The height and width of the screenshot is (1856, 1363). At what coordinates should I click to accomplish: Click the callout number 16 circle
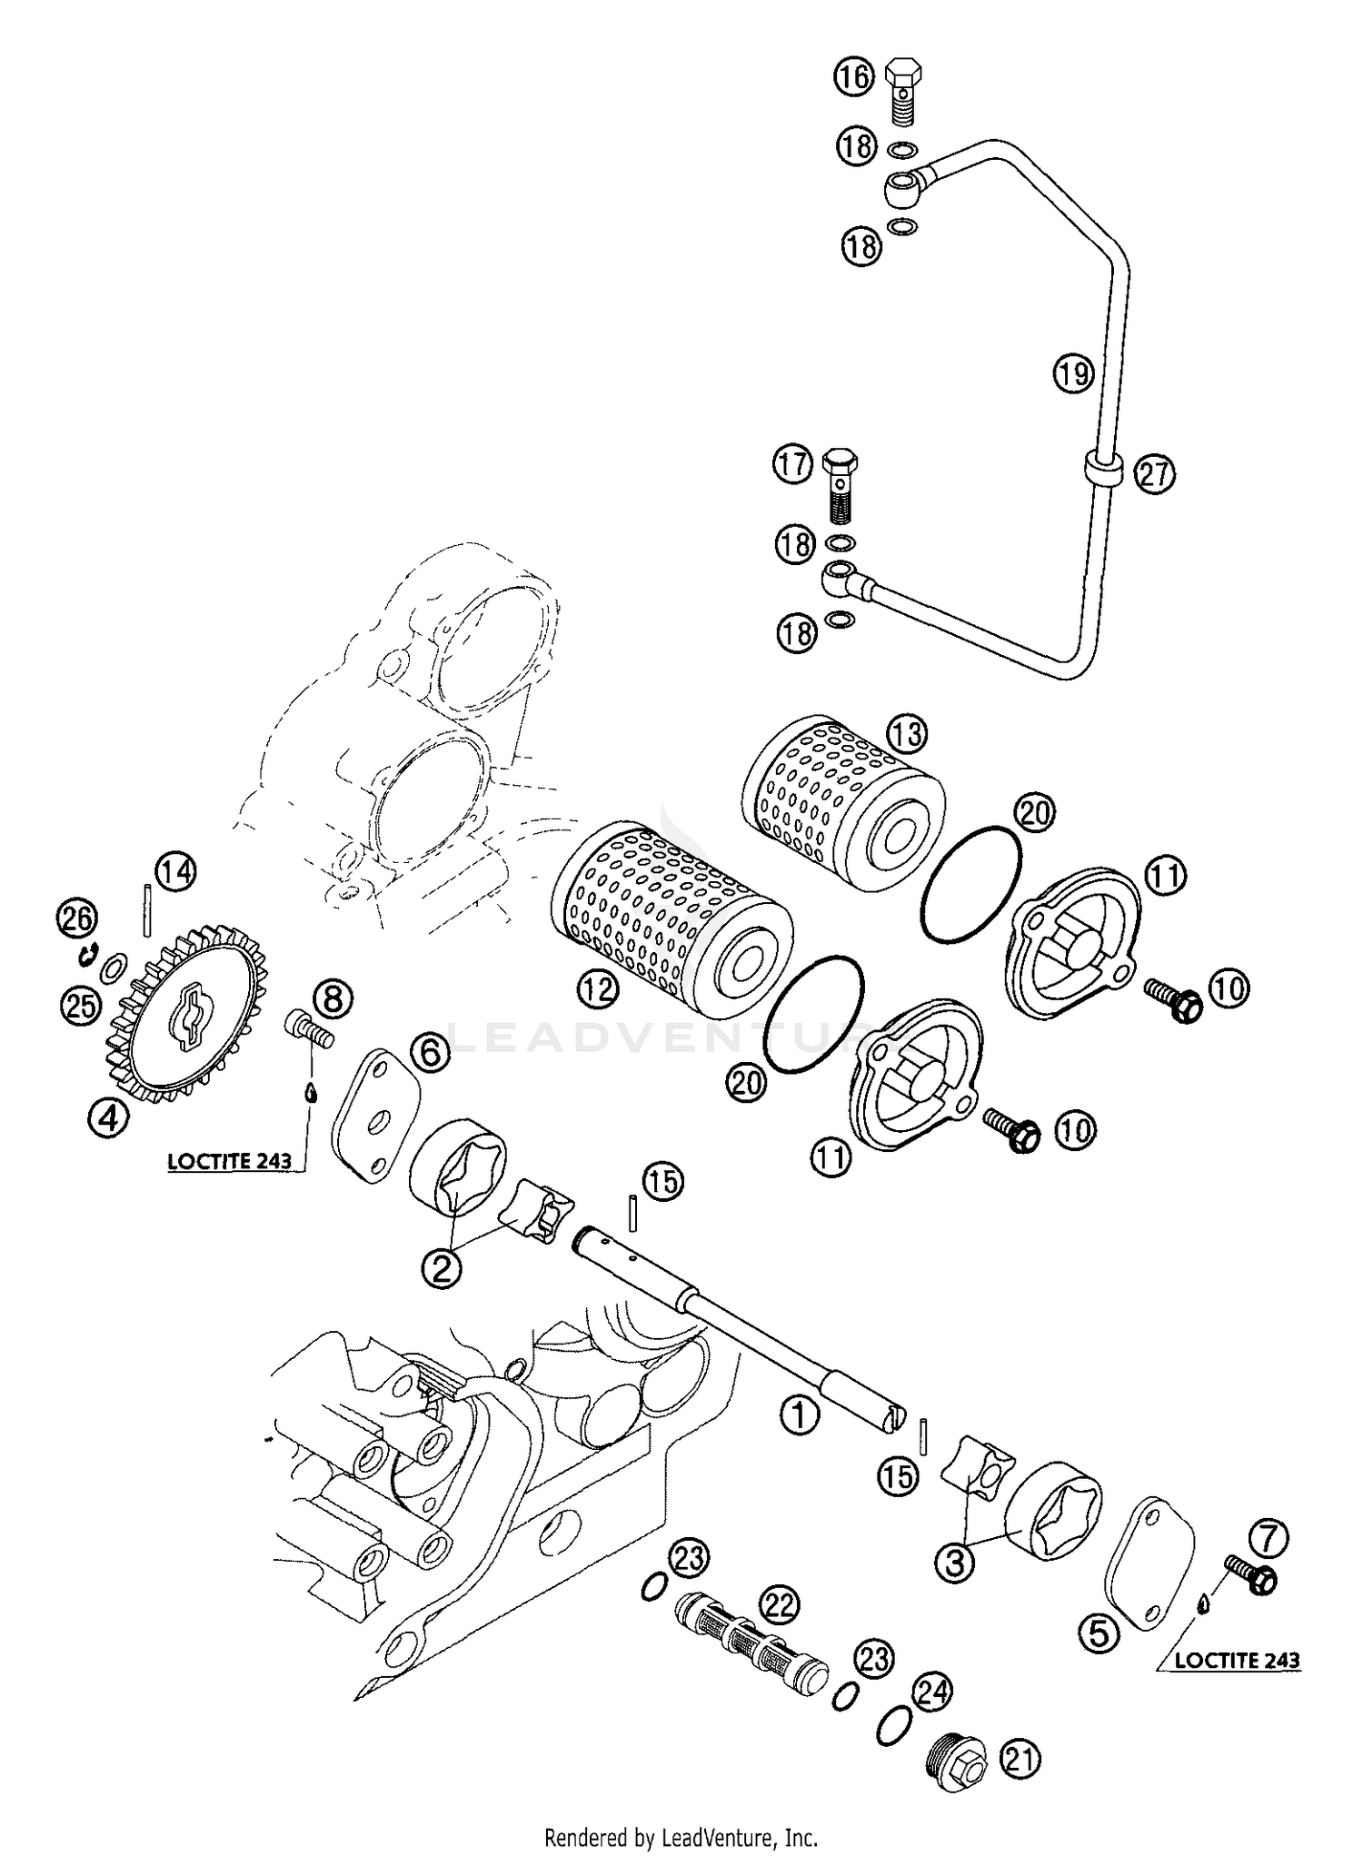(853, 76)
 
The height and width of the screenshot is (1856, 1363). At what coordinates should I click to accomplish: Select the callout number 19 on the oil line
(1073, 373)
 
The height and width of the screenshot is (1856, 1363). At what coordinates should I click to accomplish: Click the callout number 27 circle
(1155, 474)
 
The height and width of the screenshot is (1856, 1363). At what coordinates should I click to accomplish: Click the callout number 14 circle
(174, 873)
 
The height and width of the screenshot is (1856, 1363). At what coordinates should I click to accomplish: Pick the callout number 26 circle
(76, 918)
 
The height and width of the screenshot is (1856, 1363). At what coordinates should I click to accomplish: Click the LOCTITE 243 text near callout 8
(230, 1160)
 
